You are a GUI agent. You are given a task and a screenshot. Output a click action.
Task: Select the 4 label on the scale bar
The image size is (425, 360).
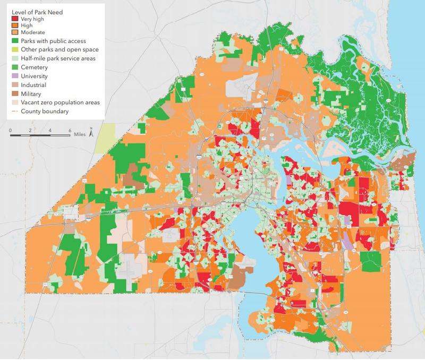(x=50, y=130)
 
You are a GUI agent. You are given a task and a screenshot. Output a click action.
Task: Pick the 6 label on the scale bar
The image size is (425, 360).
(x=70, y=130)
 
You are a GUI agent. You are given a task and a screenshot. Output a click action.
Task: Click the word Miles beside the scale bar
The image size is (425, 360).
(x=81, y=135)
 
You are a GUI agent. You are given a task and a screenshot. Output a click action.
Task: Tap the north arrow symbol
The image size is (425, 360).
(x=91, y=133)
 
